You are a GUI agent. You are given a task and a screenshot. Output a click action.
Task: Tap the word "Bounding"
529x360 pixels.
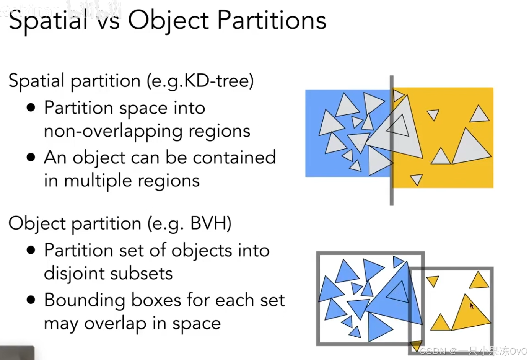(85, 300)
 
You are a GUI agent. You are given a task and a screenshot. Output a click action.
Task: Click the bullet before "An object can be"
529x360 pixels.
(31, 157)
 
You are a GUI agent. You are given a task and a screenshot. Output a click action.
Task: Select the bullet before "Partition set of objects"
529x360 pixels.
(31, 251)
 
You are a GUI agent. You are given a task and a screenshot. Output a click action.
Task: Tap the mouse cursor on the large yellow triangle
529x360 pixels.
(471, 306)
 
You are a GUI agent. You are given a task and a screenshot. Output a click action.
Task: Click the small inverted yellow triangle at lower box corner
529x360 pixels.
(416, 345)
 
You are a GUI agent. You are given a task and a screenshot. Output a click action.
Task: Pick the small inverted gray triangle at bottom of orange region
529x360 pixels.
(416, 179)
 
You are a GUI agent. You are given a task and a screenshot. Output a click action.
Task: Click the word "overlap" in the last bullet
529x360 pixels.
(115, 324)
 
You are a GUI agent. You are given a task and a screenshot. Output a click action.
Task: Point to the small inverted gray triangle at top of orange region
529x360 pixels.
(433, 114)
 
